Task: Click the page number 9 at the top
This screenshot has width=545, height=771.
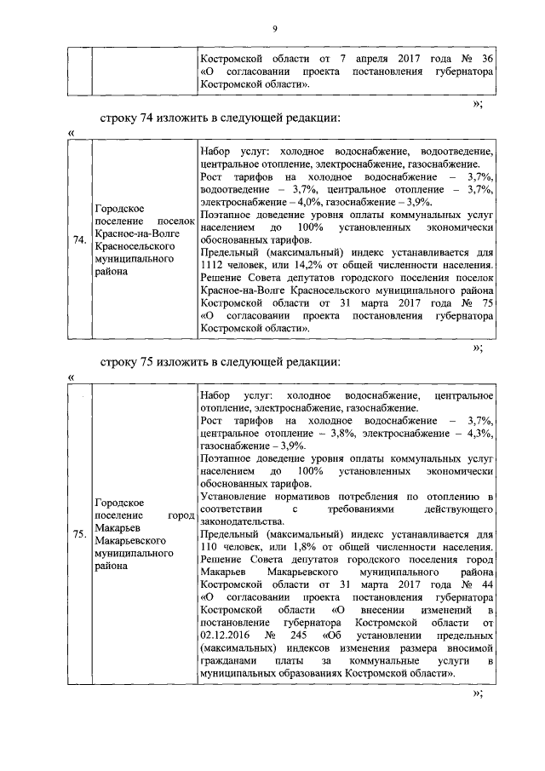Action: (275, 30)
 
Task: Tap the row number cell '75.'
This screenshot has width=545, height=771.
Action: (79, 534)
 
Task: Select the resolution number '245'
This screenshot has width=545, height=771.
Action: (296, 636)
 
